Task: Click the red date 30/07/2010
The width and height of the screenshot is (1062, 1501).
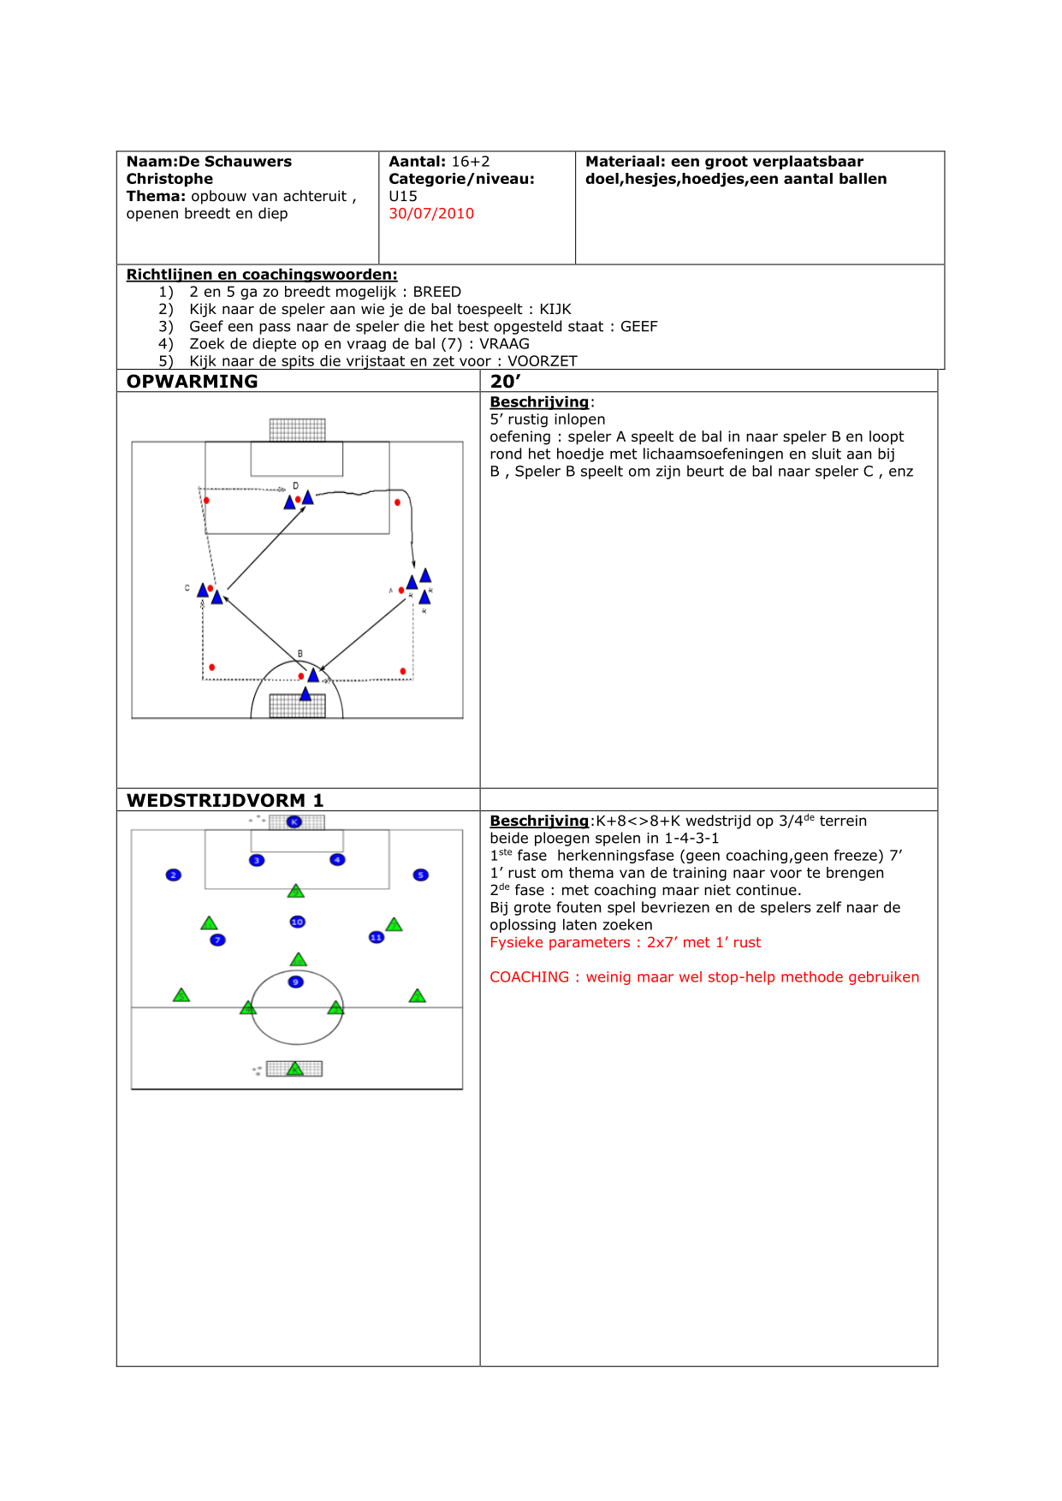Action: pyautogui.click(x=431, y=214)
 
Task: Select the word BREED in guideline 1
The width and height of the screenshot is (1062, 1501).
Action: pyautogui.click(x=436, y=292)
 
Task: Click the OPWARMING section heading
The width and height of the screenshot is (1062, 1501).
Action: pyautogui.click(x=192, y=382)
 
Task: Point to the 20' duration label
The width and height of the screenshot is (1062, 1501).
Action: pyautogui.click(x=505, y=382)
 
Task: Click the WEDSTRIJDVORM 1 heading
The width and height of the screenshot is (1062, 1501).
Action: pyautogui.click(x=224, y=800)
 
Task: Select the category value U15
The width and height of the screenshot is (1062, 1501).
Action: pyautogui.click(x=403, y=196)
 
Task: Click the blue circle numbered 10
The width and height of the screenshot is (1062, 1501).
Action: pyautogui.click(x=297, y=922)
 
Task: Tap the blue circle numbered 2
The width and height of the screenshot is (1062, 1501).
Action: pyautogui.click(x=174, y=875)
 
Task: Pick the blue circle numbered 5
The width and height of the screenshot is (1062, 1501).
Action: pyautogui.click(x=420, y=875)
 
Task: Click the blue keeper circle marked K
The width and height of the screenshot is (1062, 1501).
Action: pyautogui.click(x=294, y=822)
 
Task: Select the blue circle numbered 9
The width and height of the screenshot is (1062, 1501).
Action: pyautogui.click(x=295, y=982)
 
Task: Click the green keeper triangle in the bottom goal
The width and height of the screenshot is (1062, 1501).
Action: pyautogui.click(x=295, y=1069)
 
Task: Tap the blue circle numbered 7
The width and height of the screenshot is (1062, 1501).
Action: pyautogui.click(x=218, y=940)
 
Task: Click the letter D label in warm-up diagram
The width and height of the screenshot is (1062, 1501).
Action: pyautogui.click(x=296, y=486)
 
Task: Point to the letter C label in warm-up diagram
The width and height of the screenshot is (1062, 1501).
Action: pyautogui.click(x=187, y=589)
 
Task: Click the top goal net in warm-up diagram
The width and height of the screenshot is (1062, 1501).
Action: pyautogui.click(x=297, y=430)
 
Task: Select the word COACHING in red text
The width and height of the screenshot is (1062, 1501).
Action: pyautogui.click(x=529, y=977)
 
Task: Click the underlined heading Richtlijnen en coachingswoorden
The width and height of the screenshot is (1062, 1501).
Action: pyautogui.click(x=262, y=275)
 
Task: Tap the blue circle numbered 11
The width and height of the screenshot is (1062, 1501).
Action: pyautogui.click(x=377, y=937)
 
